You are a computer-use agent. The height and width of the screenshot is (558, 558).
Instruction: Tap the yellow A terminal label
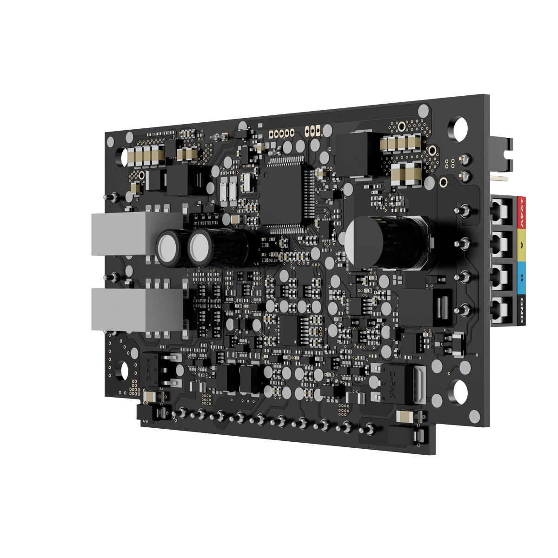pyautogui.click(x=521, y=246)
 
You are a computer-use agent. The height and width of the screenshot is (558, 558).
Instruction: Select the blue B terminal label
pyautogui.click(x=521, y=279)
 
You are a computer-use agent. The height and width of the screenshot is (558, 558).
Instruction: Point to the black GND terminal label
pyautogui.click(x=521, y=311)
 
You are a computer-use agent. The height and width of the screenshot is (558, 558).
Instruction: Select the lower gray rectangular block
pyautogui.click(x=137, y=309)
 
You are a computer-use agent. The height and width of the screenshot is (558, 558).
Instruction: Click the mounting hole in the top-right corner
pyautogui.click(x=457, y=128)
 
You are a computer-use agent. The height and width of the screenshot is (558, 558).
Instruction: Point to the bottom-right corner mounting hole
pyautogui.click(x=458, y=391)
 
